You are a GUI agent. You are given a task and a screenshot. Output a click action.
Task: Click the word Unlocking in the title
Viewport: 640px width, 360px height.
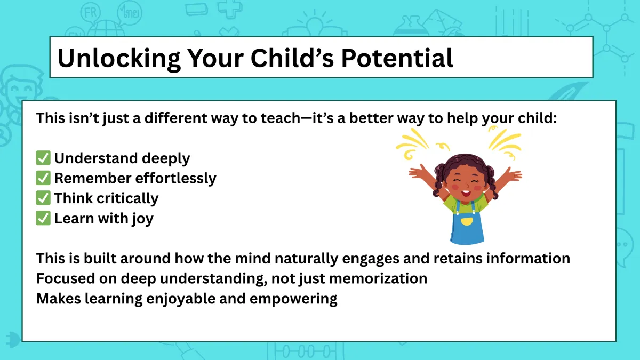pyautogui.click(x=119, y=58)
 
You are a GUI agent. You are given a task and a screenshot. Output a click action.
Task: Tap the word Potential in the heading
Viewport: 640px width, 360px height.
pyautogui.click(x=397, y=58)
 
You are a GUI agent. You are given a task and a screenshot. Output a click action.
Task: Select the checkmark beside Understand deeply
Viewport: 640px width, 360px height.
pyautogui.click(x=43, y=158)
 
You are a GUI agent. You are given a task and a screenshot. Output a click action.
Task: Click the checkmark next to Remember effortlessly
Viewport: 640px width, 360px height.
pyautogui.click(x=43, y=178)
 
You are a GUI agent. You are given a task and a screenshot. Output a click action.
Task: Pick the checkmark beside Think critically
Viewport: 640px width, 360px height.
pyautogui.click(x=43, y=198)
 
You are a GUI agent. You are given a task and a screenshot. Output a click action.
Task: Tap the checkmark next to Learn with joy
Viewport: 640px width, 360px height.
pyautogui.click(x=43, y=218)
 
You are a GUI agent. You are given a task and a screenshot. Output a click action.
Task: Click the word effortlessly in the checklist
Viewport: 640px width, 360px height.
pyautogui.click(x=175, y=178)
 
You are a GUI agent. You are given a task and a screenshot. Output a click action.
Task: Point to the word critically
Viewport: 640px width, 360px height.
pyautogui.click(x=127, y=198)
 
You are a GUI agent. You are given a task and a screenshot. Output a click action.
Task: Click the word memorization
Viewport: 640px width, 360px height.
pyautogui.click(x=378, y=278)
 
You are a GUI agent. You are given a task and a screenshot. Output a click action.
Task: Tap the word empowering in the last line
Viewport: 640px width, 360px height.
pyautogui.click(x=293, y=299)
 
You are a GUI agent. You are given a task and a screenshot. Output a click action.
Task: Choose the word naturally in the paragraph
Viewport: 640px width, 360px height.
pyautogui.click(x=306, y=259)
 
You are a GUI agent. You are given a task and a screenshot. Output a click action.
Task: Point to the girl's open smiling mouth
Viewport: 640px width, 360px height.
pyautogui.click(x=466, y=194)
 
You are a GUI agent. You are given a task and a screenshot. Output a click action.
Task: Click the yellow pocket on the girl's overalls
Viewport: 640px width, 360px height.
pyautogui.click(x=467, y=221)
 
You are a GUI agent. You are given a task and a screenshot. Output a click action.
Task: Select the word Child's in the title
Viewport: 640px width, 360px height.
pyautogui.click(x=292, y=58)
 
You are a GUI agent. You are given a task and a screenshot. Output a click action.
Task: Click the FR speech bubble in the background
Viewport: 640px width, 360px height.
pyautogui.click(x=91, y=13)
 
